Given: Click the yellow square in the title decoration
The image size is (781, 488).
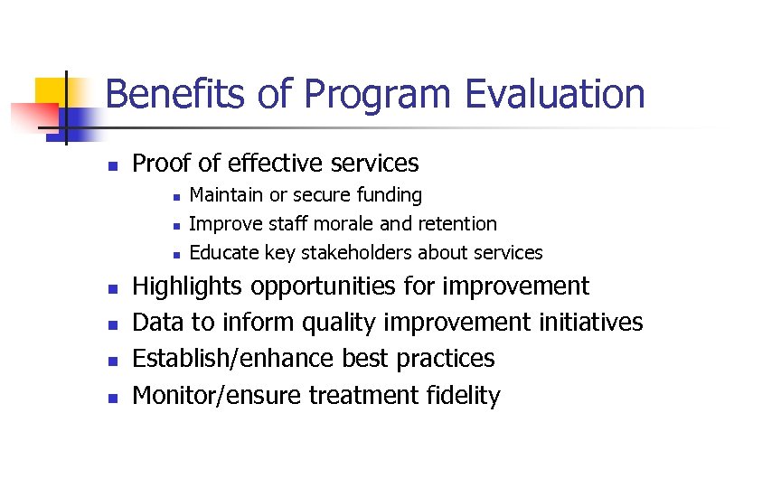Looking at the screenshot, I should point(50,92).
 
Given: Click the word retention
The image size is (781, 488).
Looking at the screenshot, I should point(455,224).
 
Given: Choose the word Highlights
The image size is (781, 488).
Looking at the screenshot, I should point(187,287).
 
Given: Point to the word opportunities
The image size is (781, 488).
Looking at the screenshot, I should point(323,287).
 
